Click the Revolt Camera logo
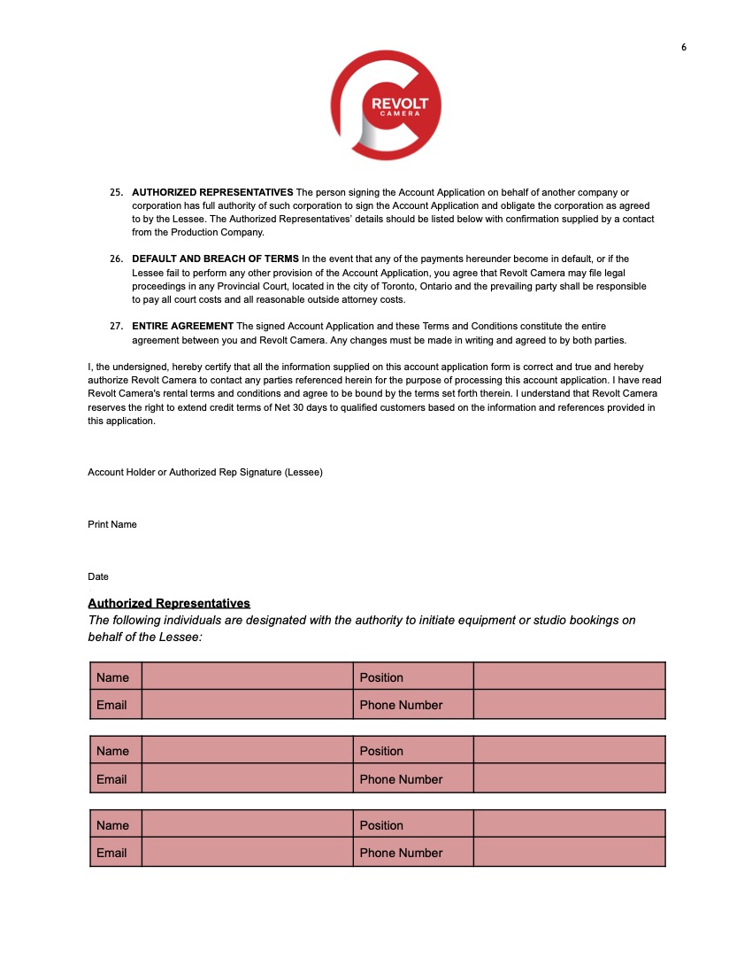[386, 104]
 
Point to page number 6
[684, 48]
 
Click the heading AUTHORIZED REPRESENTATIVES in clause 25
[212, 192]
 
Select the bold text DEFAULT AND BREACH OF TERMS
[215, 259]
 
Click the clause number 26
[116, 259]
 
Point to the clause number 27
[116, 326]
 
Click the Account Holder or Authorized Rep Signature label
[205, 472]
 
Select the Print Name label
[112, 524]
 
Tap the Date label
[98, 576]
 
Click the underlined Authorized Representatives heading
[169, 603]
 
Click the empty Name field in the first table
[247, 677]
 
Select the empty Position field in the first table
[569, 677]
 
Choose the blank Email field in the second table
[247, 779]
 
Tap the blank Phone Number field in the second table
[569, 779]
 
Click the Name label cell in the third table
[113, 825]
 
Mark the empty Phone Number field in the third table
[569, 853]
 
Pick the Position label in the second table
[381, 751]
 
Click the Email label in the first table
[111, 705]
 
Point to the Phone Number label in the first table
[401, 705]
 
